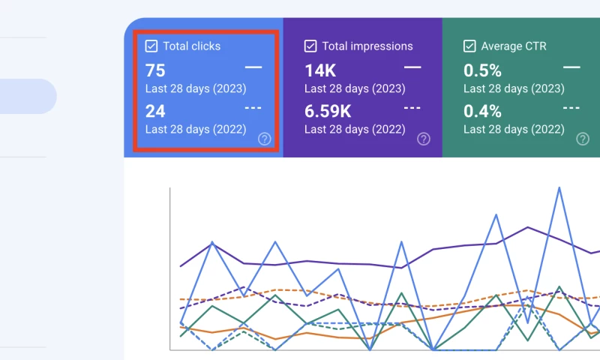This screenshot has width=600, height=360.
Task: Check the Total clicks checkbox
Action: pyautogui.click(x=151, y=46)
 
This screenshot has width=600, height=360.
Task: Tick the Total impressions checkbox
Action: pyautogui.click(x=310, y=46)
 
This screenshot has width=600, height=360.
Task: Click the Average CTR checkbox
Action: pyautogui.click(x=469, y=46)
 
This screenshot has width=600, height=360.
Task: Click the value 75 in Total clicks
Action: pyautogui.click(x=155, y=71)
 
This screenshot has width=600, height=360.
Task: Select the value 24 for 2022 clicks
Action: pyautogui.click(x=155, y=112)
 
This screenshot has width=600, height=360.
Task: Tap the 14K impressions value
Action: pyautogui.click(x=319, y=71)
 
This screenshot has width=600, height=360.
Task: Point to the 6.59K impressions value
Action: pyautogui.click(x=328, y=112)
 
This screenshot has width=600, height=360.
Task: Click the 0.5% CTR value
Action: pyautogui.click(x=482, y=71)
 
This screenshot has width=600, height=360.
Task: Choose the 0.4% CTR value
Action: pyautogui.click(x=482, y=112)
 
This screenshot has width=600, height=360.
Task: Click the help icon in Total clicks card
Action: pyautogui.click(x=264, y=139)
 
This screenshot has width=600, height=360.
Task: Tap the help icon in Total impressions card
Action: pyautogui.click(x=423, y=139)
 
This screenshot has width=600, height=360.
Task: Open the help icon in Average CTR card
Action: pyautogui.click(x=582, y=139)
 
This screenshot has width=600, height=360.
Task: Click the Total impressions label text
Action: pyautogui.click(x=367, y=46)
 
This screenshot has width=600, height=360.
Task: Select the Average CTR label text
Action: pyautogui.click(x=514, y=46)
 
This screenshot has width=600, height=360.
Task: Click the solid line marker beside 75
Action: pyautogui.click(x=253, y=67)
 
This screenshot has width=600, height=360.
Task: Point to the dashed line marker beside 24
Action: pyautogui.click(x=253, y=108)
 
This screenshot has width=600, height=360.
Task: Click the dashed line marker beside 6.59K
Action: pyautogui.click(x=412, y=108)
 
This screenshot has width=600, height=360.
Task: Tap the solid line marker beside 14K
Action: pyautogui.click(x=412, y=67)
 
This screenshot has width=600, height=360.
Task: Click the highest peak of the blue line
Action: pyautogui.click(x=559, y=187)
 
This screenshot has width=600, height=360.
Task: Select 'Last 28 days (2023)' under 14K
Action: pyautogui.click(x=355, y=88)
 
